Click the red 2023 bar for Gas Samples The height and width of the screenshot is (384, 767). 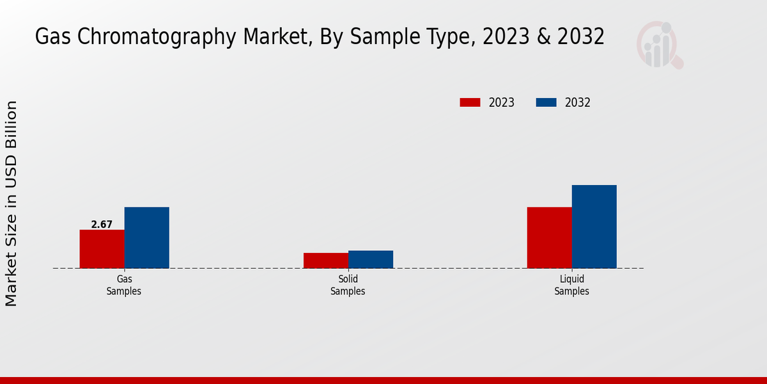coord(102,249)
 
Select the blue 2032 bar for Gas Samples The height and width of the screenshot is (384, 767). coord(146,237)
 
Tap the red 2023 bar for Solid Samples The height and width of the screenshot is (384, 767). coord(326,260)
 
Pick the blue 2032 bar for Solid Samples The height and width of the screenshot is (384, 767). coord(371,259)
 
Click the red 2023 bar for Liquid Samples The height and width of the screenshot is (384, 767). coord(549,237)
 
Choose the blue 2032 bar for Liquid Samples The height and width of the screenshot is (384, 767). coord(594,227)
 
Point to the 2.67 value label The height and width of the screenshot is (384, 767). coord(102,225)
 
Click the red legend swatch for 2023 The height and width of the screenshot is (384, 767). coord(470,102)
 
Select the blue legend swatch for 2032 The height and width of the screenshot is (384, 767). coord(546,102)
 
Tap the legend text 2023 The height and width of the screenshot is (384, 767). coord(501,102)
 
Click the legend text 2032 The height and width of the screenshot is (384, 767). coord(577,102)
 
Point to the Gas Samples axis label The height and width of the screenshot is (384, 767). coord(124,285)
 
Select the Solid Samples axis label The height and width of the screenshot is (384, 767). coord(348,285)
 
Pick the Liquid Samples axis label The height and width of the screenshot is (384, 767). coord(571,285)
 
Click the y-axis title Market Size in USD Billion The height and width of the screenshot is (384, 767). coord(12,204)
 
